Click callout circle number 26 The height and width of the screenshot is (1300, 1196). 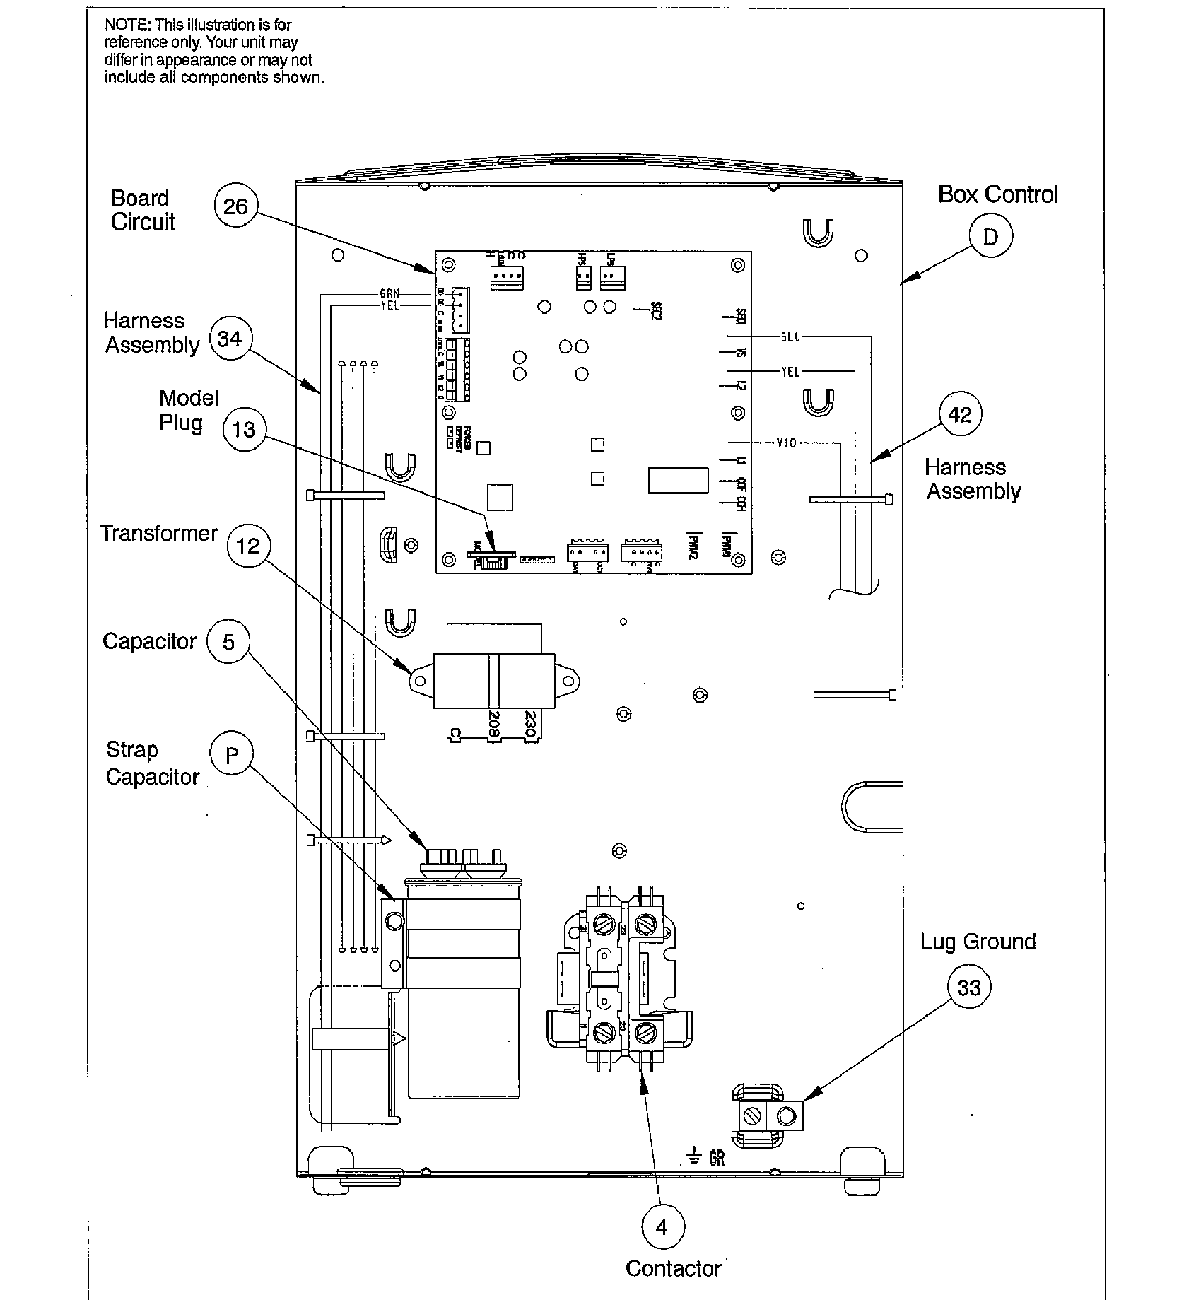235,206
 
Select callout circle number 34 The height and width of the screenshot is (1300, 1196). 230,339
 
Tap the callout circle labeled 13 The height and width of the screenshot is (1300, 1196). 244,429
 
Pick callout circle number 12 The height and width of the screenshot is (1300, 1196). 248,546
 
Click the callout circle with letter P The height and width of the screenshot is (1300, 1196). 231,756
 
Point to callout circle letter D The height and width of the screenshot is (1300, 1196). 990,238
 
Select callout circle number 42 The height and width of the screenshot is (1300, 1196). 960,415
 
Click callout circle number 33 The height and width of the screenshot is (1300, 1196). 968,988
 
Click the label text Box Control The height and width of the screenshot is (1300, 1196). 997,194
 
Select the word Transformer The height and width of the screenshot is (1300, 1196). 158,533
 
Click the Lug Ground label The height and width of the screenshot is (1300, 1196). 978,942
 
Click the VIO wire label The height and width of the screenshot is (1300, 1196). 786,443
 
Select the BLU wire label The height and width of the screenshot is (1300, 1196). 790,336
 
